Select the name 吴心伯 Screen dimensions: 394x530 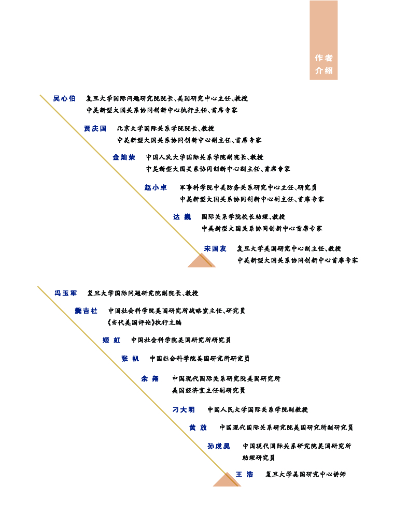(64, 98)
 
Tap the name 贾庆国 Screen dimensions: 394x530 (95, 128)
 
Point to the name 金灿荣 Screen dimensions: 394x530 (124, 157)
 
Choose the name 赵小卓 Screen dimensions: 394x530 (156, 187)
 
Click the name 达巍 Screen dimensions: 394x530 (182, 217)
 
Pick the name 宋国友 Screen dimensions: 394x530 (215, 249)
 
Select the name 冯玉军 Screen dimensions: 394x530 (66, 293)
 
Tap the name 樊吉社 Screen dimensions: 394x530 (86, 311)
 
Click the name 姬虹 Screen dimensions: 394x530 (111, 341)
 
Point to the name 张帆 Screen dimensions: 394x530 (130, 359)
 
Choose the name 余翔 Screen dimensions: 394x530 (150, 379)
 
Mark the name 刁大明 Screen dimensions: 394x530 (184, 410)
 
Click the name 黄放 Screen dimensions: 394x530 (198, 428)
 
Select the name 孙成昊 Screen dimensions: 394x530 (218, 446)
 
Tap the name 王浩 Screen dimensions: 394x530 (244, 475)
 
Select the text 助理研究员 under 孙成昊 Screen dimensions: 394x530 (258, 458)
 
